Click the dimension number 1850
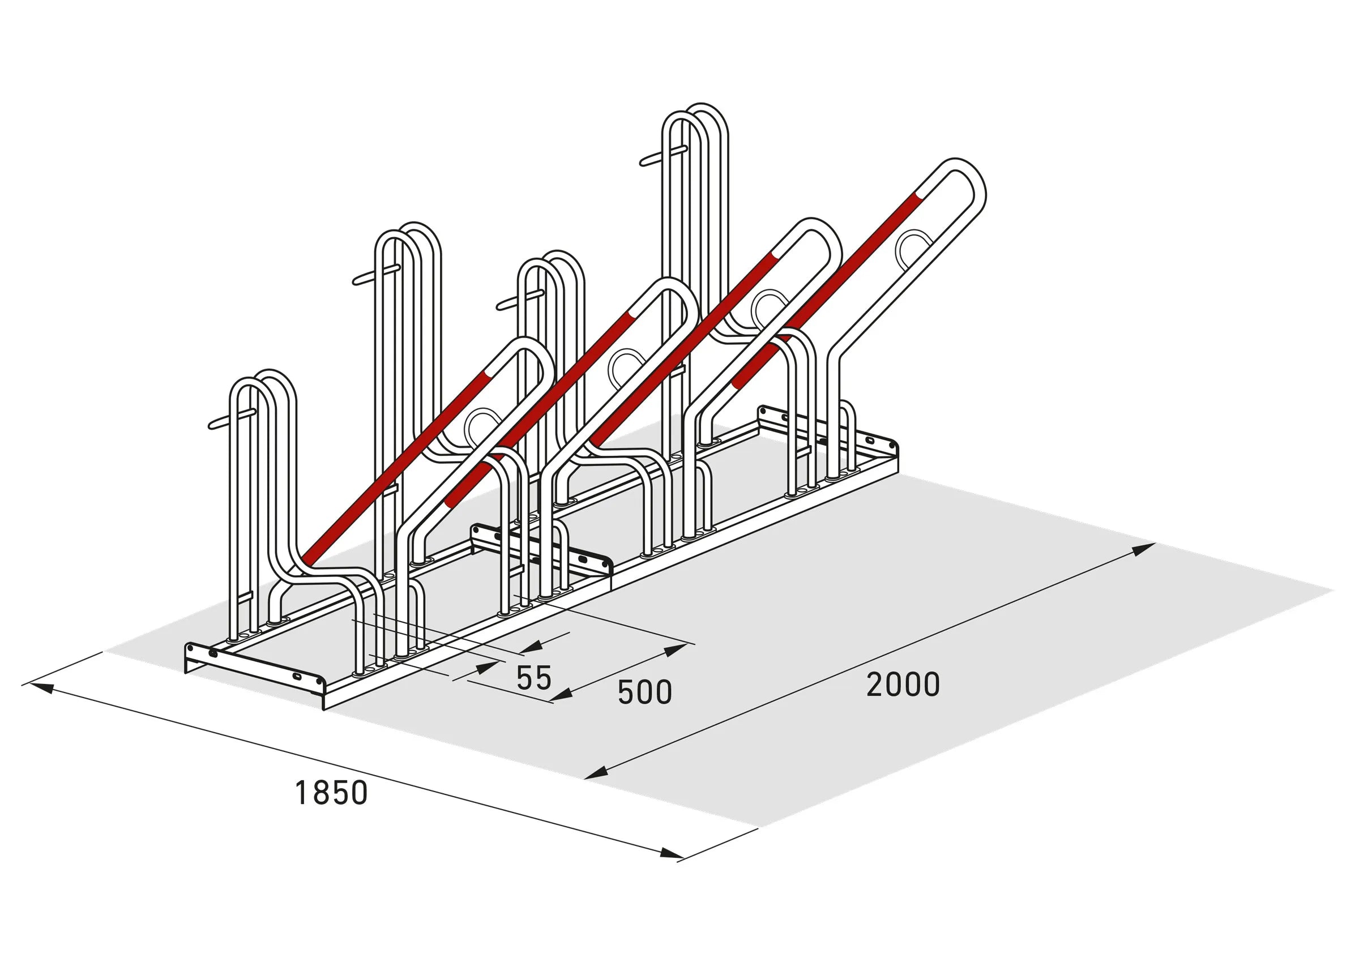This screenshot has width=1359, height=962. coord(331,793)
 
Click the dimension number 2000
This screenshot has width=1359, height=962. coord(902,685)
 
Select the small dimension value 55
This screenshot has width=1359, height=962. coord(534,678)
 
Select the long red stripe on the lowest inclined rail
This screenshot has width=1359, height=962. coord(391,468)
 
